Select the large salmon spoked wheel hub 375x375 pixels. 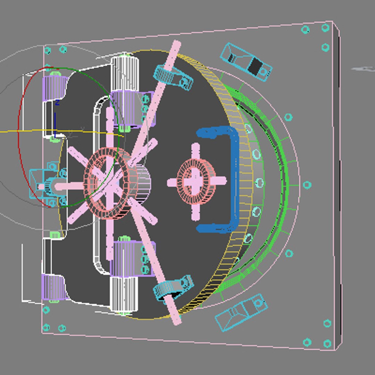(104, 183)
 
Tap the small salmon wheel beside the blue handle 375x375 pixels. (196, 181)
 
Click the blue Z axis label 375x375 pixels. (57, 103)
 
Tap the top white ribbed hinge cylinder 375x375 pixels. (124, 73)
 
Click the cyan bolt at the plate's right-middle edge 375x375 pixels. (307, 185)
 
